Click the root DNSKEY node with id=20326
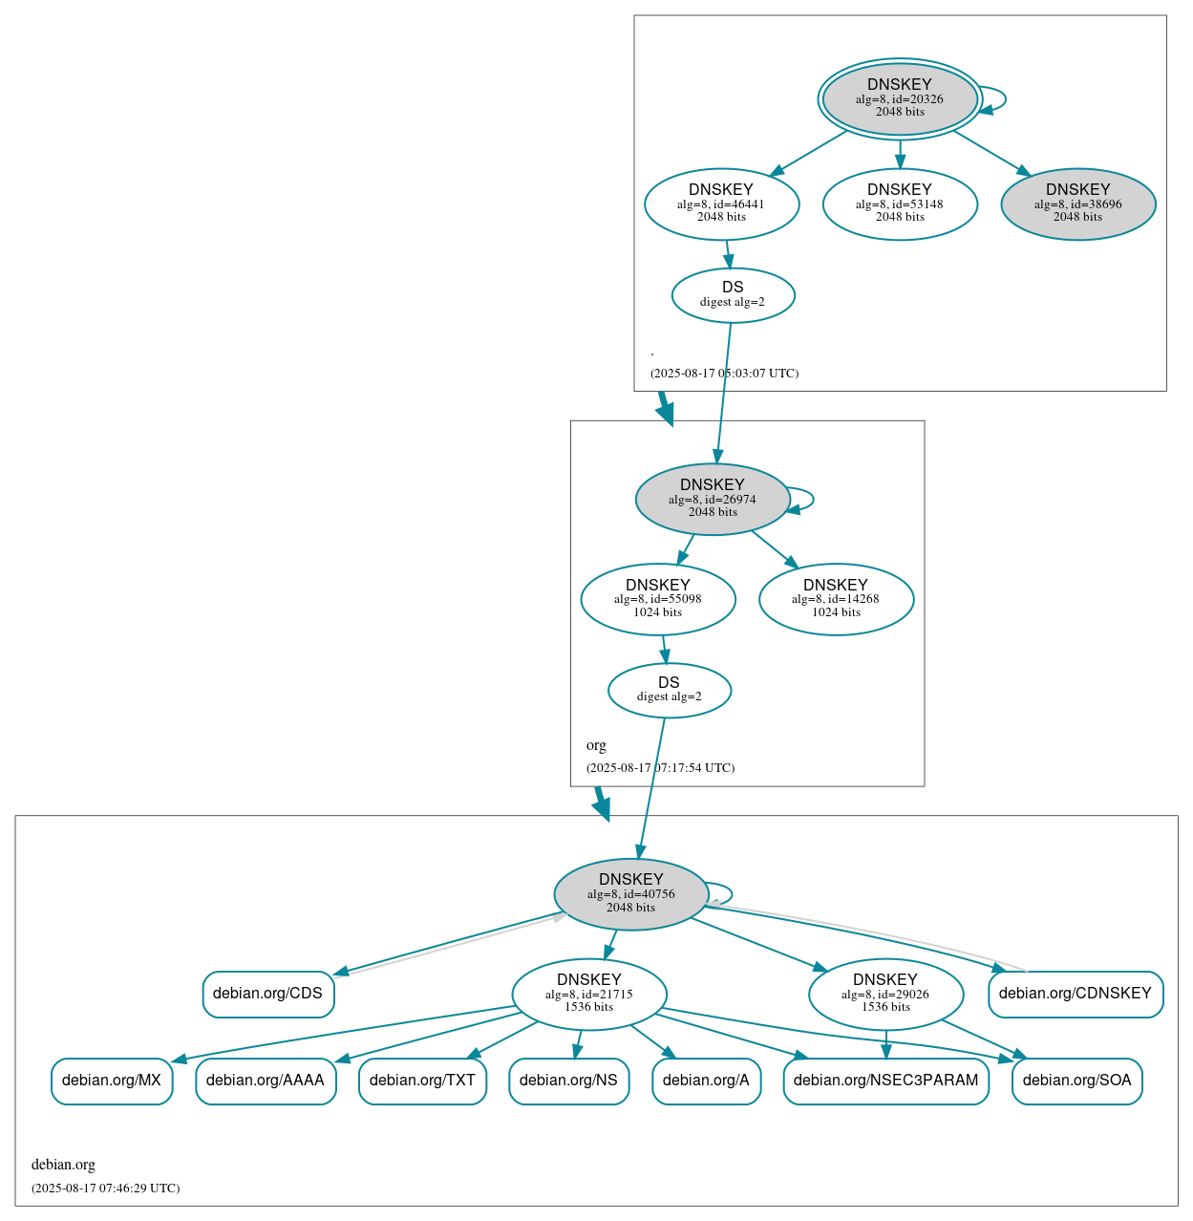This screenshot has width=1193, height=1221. (900, 98)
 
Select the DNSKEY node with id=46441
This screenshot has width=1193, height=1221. (721, 203)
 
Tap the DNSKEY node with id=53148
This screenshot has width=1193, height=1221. (900, 203)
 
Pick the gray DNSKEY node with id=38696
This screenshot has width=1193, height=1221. (1077, 203)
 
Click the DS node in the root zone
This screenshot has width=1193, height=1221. (733, 295)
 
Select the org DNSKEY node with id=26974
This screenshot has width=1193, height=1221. (712, 499)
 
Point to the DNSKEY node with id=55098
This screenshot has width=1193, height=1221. (657, 599)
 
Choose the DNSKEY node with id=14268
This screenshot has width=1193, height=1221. (836, 599)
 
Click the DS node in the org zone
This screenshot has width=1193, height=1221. (669, 690)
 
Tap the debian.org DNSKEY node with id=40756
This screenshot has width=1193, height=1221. (630, 894)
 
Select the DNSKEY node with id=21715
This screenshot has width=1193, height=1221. (588, 995)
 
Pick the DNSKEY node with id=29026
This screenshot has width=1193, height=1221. (885, 995)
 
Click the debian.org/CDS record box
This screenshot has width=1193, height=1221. (267, 994)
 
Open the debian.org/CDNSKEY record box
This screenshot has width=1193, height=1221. (1076, 994)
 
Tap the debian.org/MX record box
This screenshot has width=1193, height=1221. (112, 1081)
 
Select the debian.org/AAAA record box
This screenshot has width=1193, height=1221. (266, 1081)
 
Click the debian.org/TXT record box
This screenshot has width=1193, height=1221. (422, 1081)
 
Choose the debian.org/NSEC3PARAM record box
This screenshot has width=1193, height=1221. (885, 1081)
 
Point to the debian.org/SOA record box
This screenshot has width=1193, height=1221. (1076, 1081)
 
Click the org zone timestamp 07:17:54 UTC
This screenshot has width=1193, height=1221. (660, 768)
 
